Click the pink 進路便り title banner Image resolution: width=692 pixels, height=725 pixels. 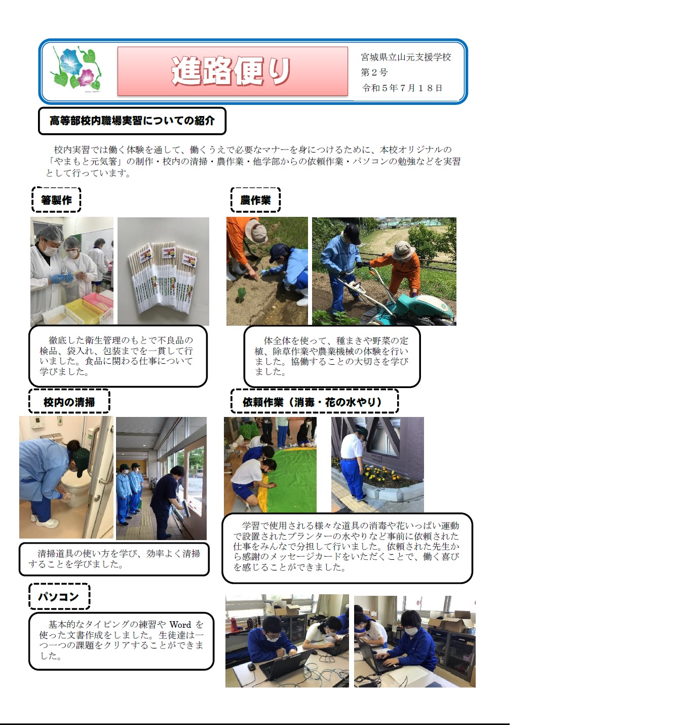(233, 71)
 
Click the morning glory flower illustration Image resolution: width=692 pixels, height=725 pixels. (76, 68)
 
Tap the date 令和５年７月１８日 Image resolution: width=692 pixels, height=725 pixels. (402, 88)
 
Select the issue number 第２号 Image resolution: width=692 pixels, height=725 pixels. (374, 72)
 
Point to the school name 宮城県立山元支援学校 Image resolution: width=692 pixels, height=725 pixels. (406, 57)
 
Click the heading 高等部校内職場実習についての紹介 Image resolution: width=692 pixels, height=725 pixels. (132, 121)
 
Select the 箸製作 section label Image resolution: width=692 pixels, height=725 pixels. (56, 200)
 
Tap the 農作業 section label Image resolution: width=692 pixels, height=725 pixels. (255, 200)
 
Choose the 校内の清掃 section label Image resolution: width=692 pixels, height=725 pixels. (69, 402)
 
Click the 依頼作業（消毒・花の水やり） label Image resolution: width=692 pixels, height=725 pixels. (314, 402)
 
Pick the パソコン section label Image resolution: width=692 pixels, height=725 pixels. (59, 596)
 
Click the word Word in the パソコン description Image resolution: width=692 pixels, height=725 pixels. (180, 624)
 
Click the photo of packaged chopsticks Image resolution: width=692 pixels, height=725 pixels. (164, 271)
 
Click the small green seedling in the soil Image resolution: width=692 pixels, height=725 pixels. (241, 294)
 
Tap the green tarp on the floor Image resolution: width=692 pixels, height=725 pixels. (291, 479)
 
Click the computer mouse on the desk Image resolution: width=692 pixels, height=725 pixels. (252, 666)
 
